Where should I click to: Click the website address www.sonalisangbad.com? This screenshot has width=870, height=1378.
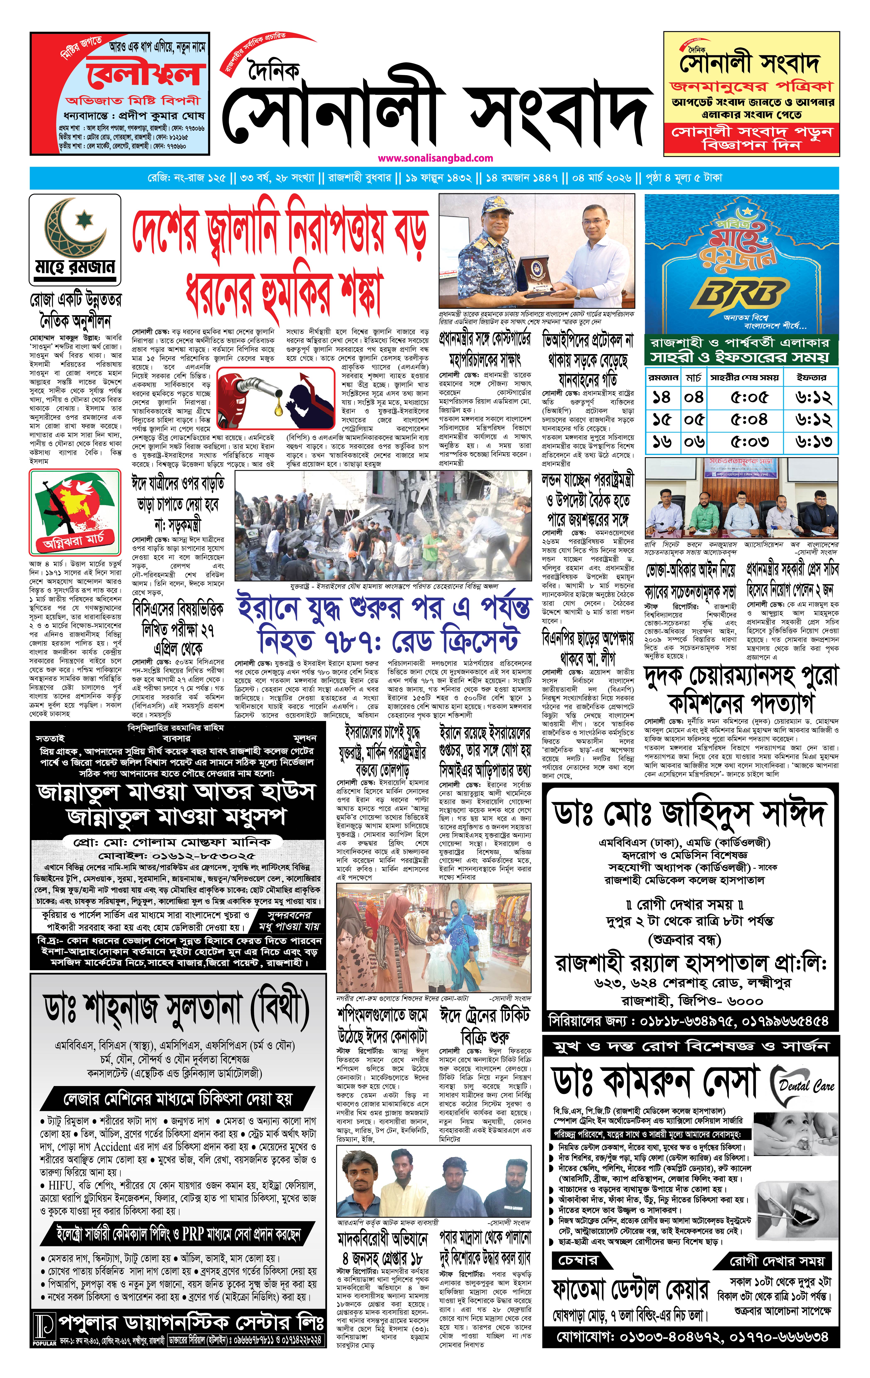[x=435, y=158]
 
